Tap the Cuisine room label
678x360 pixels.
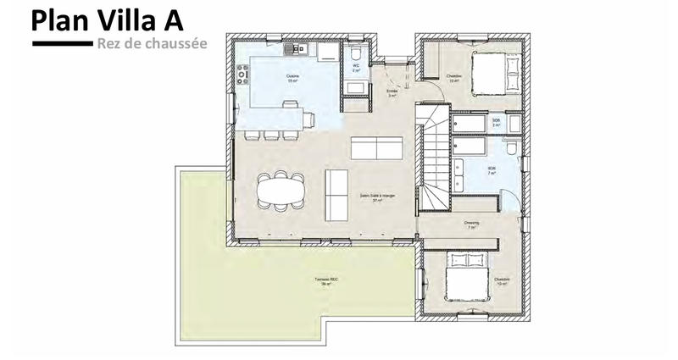click(x=292, y=77)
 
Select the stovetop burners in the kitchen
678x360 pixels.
click(x=242, y=75)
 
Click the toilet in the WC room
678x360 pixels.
click(x=355, y=53)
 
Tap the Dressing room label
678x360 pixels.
click(x=471, y=224)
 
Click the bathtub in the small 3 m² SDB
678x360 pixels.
click(x=468, y=124)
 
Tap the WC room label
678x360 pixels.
click(x=356, y=67)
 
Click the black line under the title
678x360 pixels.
click(x=60, y=42)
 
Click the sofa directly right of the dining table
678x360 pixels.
click(x=336, y=190)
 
